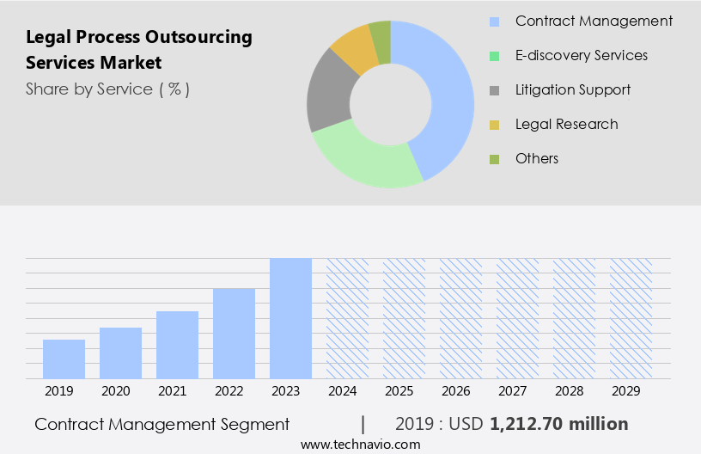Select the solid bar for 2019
64,359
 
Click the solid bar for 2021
177,345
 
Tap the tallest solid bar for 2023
290,318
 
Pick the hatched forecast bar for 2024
347,318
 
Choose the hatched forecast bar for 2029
631,318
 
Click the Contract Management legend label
594,21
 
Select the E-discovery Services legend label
581,56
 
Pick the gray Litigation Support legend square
494,90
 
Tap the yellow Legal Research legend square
494,125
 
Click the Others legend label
537,159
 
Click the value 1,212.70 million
558,424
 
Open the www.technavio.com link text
361,445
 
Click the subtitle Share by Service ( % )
107,89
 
